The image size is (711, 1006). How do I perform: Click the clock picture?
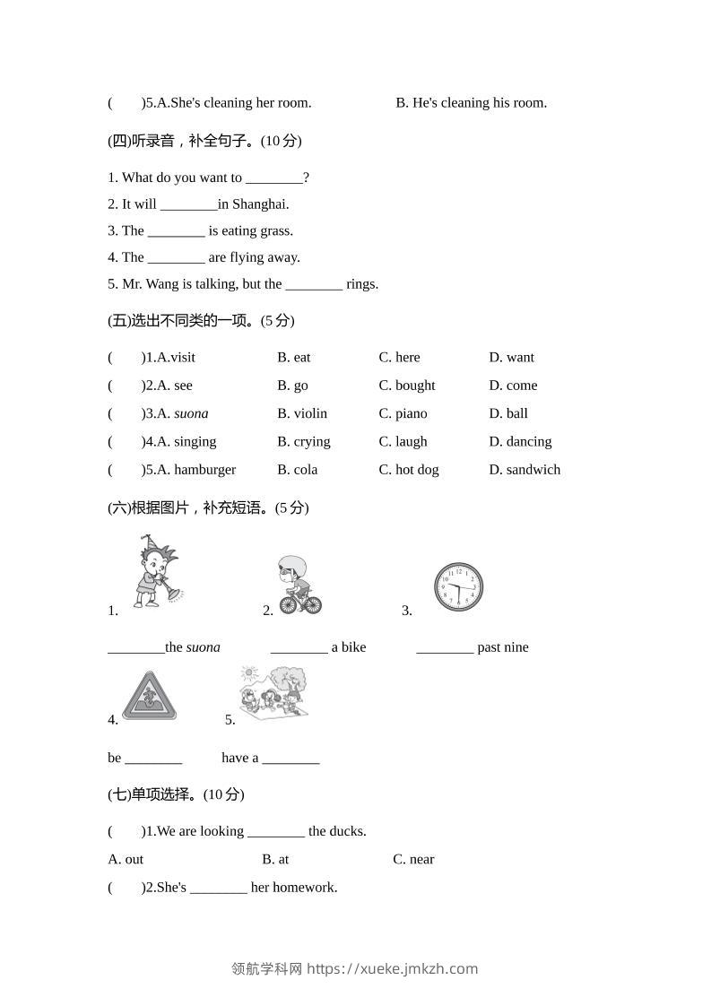pos(458,586)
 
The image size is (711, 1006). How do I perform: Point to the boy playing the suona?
pos(158,574)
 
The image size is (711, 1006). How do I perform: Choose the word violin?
pos(311,413)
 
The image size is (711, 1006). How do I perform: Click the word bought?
pos(415,386)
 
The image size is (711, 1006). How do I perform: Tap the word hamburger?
pos(204,469)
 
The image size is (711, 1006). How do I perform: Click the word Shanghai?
pos(260,204)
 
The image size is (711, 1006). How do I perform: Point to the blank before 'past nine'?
pos(445,648)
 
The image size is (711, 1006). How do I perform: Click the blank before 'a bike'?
pos(299,648)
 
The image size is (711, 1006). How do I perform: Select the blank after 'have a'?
pos(290,759)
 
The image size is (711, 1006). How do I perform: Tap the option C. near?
pos(413,859)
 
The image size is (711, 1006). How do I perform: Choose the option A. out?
pos(126,859)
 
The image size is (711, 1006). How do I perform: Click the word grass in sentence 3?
pos(275,230)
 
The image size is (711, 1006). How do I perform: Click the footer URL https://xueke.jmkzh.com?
pos(392,968)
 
